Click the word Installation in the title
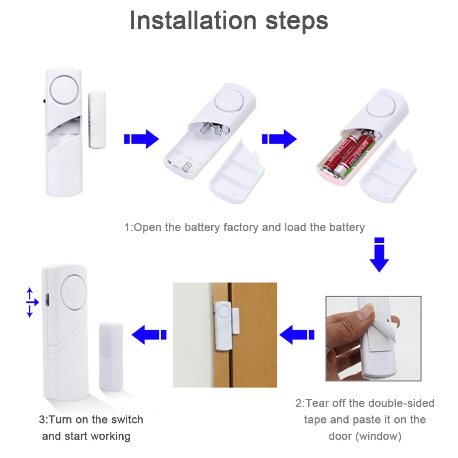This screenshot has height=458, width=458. (x=193, y=21)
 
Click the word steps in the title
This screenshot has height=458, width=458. (x=297, y=22)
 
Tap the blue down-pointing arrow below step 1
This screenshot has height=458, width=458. (x=379, y=255)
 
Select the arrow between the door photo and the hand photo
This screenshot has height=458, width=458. (x=297, y=335)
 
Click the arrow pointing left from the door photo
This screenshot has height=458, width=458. (x=149, y=335)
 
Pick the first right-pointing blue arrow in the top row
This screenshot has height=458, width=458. (x=142, y=139)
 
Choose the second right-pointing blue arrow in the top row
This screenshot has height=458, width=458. (x=279, y=139)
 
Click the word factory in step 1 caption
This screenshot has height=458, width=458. (x=241, y=227)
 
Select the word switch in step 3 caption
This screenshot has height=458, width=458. (x=127, y=420)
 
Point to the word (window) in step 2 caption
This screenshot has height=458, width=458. (x=379, y=436)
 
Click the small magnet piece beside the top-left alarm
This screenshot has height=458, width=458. (x=97, y=120)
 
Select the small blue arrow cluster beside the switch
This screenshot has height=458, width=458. (x=32, y=302)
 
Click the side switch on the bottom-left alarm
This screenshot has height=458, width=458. (x=47, y=300)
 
